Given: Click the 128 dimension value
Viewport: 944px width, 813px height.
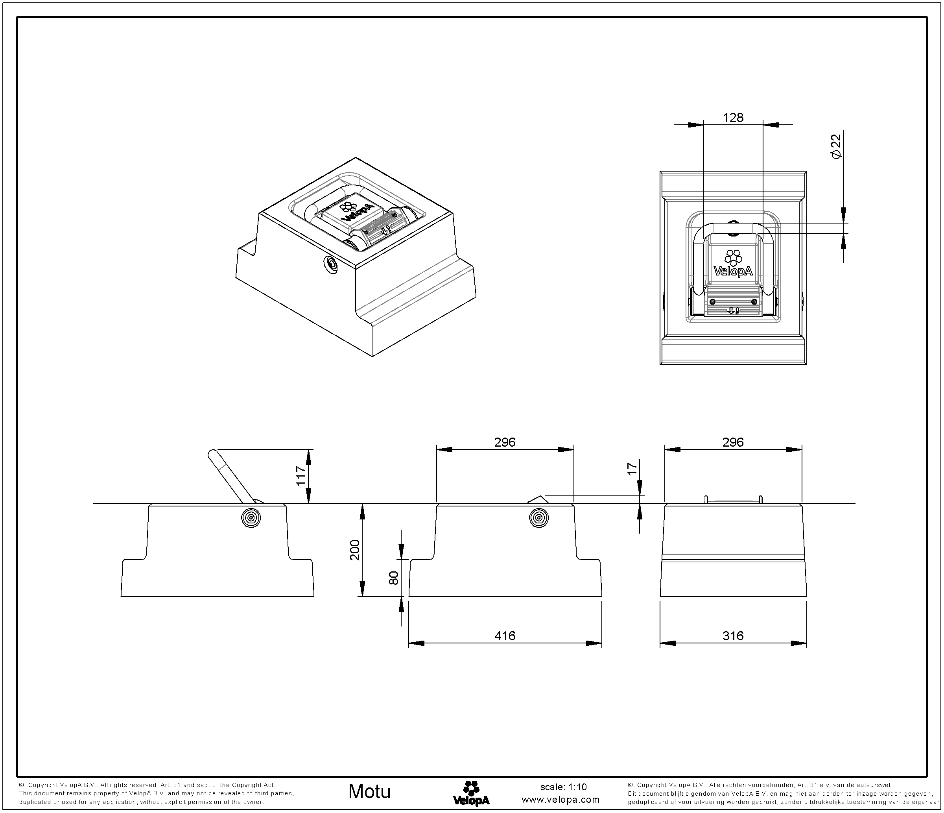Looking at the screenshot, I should point(733,118).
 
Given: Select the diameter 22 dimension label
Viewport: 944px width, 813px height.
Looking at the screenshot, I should point(836,147).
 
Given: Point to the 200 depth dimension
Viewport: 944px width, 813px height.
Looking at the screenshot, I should point(355,550).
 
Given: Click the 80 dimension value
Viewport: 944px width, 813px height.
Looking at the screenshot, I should point(394,578).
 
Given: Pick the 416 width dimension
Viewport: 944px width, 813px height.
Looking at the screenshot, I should point(505,636).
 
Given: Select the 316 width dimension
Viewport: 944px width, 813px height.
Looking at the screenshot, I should point(733,636).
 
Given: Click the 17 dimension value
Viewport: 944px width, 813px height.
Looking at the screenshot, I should point(632,469).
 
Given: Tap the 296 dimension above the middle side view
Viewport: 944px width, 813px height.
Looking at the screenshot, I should point(505,442).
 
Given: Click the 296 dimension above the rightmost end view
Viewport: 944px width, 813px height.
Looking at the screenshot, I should point(733,442).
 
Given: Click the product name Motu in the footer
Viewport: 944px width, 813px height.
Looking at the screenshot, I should point(369,792).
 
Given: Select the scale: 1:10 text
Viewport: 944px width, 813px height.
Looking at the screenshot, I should point(563,787).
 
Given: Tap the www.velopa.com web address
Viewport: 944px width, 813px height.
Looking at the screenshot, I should point(560,800).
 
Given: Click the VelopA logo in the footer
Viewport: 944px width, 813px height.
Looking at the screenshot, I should point(471,793).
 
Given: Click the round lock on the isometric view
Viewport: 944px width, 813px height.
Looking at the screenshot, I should point(330,264).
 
